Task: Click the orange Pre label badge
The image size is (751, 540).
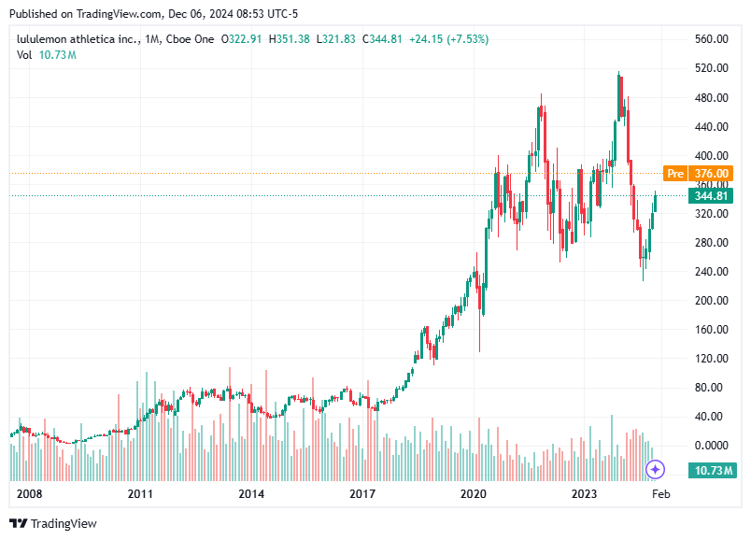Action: [674, 174]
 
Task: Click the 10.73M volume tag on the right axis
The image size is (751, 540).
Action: [711, 470]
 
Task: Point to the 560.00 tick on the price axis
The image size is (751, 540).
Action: [711, 39]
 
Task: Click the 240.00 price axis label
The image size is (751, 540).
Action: [711, 272]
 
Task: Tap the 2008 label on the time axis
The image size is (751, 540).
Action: [29, 493]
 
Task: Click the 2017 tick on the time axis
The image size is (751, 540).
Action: [362, 493]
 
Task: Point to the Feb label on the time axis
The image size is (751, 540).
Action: [660, 493]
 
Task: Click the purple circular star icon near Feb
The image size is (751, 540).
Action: [657, 469]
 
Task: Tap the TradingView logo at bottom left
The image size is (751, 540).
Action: [53, 524]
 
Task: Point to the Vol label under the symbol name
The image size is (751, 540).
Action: [24, 55]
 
